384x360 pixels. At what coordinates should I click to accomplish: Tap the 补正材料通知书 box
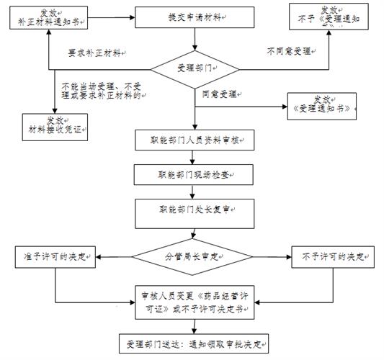[49, 17]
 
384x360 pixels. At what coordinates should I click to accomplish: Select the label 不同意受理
[289, 52]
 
